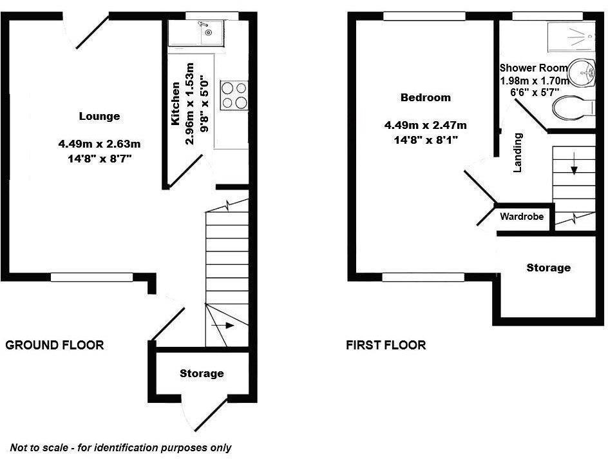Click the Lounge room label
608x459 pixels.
[99, 117]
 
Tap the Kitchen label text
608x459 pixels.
[175, 112]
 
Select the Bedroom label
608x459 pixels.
[426, 98]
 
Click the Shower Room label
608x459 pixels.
[534, 68]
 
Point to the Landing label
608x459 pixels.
[517, 153]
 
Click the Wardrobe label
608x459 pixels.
[522, 217]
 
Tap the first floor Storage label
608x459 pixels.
[548, 268]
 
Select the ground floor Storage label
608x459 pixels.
[202, 373]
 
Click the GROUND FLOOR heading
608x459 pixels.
[55, 345]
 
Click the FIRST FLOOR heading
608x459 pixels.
[386, 345]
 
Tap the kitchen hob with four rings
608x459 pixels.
[233, 95]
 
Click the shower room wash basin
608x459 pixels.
[585, 72]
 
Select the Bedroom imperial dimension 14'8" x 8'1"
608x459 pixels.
[426, 139]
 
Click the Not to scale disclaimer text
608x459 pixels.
[120, 447]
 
